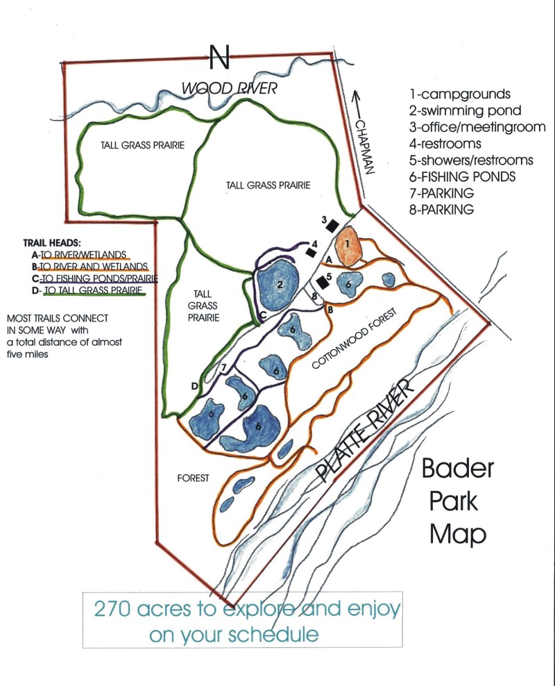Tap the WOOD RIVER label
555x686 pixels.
coord(229,88)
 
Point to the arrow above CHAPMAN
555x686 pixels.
coord(359,103)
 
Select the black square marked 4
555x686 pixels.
coord(310,252)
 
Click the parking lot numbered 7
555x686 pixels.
coord(223,369)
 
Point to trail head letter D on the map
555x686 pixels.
coord(195,386)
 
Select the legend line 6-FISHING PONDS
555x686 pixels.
coord(462,176)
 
